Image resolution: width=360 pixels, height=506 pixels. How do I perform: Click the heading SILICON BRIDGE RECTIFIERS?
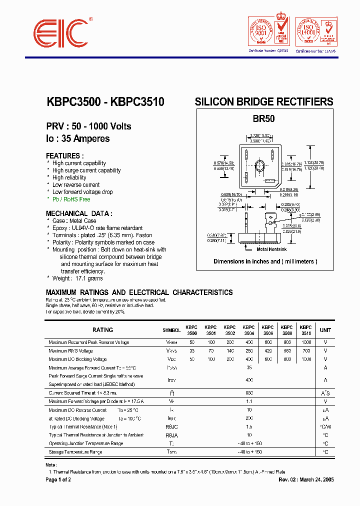pos(263,102)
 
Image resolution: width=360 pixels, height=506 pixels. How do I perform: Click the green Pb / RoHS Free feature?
pos(71,199)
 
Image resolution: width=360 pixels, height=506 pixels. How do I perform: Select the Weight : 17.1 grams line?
pos(77,278)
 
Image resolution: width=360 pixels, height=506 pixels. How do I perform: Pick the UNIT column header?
pos(325,330)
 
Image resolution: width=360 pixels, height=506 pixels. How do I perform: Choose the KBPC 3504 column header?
pos(248,330)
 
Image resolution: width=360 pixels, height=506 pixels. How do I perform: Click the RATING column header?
pos(103,330)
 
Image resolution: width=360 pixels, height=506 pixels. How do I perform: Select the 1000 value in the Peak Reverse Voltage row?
pos(306,342)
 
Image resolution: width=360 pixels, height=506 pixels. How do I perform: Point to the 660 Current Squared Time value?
pos(248,393)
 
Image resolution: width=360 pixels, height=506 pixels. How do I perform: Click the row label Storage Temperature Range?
pos(75,452)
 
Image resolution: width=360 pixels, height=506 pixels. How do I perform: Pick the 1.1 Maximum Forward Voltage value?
pos(248,401)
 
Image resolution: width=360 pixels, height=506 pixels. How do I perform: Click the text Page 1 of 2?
pos(58,480)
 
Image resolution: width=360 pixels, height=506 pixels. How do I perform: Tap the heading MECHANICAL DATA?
pos(79,213)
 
